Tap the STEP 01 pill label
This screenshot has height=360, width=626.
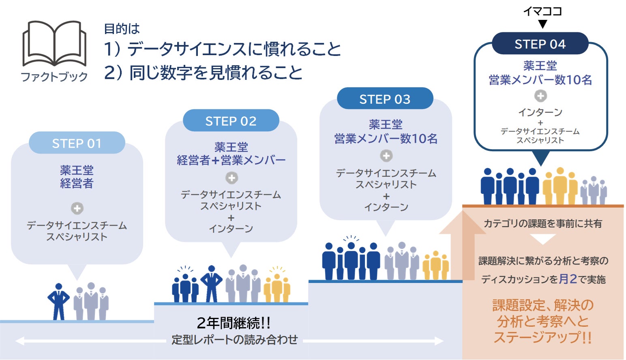point(77,143)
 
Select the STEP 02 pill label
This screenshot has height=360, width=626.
point(231,121)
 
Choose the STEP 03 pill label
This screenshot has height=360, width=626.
point(385,99)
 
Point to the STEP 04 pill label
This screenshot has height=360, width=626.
point(540,44)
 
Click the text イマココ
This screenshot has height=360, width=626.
point(542,11)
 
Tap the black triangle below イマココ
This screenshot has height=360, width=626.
point(542,24)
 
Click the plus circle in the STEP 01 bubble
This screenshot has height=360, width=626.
point(77,208)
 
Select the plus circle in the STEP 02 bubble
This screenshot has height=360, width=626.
point(232,178)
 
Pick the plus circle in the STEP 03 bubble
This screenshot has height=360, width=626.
point(386,156)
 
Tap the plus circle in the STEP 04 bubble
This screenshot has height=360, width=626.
point(540,96)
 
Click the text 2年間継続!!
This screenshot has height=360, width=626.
point(234,323)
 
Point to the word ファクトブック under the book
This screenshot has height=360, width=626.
point(54,77)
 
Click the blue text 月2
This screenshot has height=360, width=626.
point(568,279)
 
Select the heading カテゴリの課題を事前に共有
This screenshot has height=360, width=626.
point(542,223)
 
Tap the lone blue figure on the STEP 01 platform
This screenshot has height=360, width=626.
point(59,301)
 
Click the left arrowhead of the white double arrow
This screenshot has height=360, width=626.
point(19,341)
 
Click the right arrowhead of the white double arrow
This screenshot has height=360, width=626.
point(439,341)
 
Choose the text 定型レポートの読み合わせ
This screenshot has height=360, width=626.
point(234,339)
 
